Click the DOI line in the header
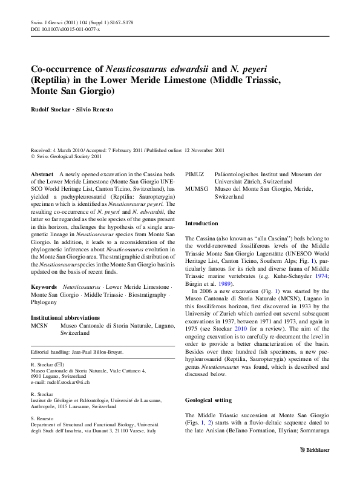[58, 28]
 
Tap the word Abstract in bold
[41, 174]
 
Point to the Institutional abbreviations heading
[65, 318]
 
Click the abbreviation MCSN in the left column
[39, 325]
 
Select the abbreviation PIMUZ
[195, 174]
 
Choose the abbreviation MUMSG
[197, 190]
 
